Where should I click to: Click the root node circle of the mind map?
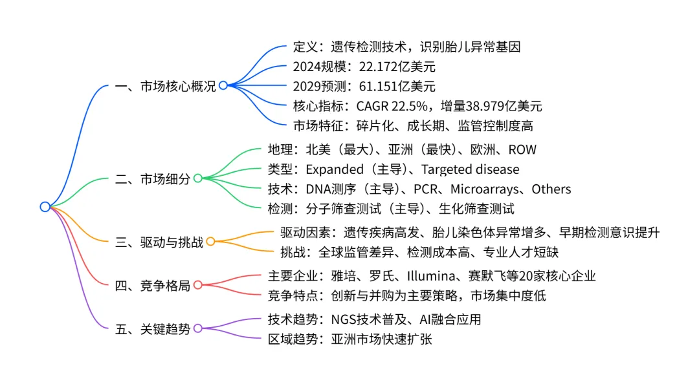click(45, 207)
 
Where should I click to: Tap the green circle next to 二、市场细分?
click(197, 178)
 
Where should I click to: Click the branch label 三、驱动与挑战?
click(159, 242)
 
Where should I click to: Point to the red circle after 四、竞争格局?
click(197, 285)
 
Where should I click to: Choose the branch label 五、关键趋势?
click(153, 328)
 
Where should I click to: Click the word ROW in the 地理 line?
click(522, 150)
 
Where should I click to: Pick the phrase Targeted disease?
click(470, 169)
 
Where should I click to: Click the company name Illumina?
click(432, 276)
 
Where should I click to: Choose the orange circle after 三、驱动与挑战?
click(210, 242)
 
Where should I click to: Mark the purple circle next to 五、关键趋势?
click(197, 328)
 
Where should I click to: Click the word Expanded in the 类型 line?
click(334, 169)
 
